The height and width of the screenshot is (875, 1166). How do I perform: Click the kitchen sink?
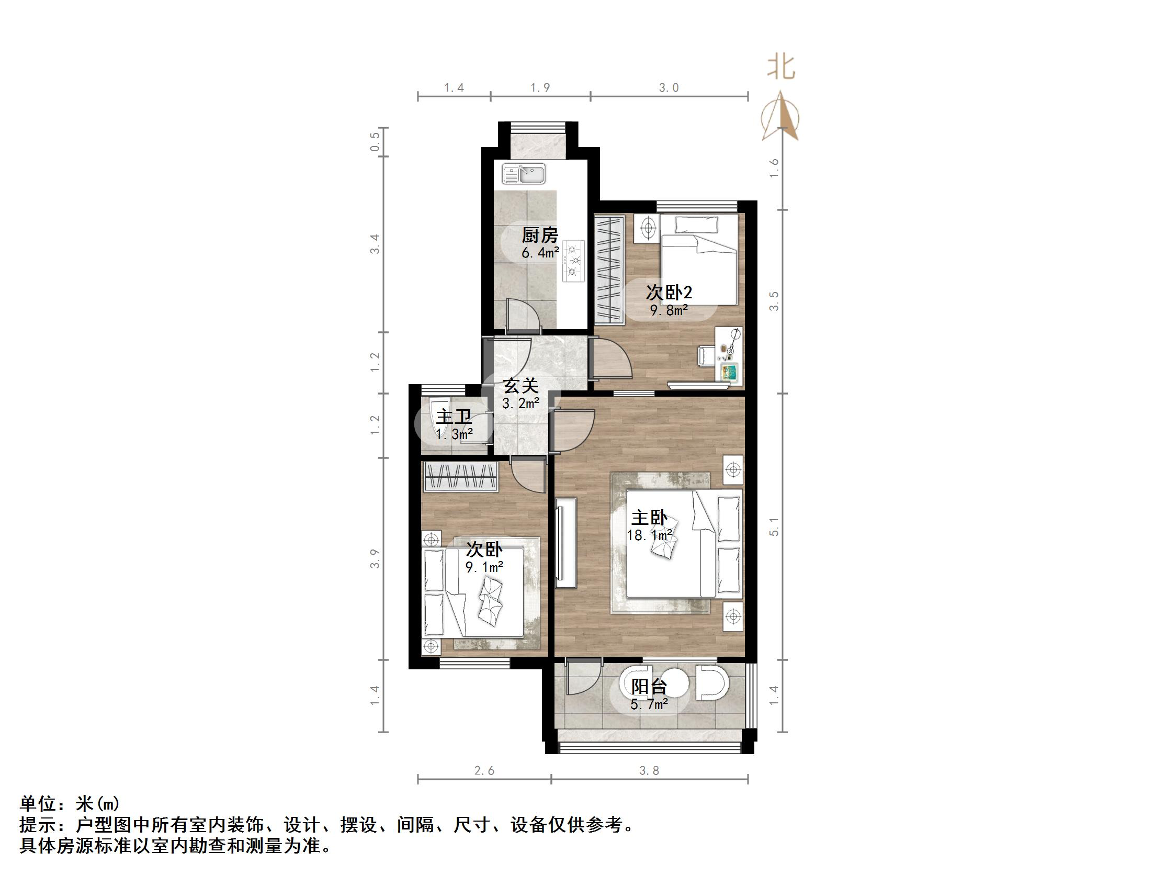point(524,174)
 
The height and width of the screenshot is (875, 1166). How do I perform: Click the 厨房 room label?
point(540,235)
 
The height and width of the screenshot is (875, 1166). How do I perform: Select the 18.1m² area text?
point(649,535)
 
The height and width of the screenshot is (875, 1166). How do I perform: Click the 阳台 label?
point(649,686)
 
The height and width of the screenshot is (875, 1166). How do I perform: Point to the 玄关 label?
point(521,386)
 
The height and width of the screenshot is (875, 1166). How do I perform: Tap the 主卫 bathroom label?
point(454,417)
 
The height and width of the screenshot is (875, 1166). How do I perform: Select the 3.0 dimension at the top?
point(669,88)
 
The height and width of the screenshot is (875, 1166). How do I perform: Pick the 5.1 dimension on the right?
point(774,526)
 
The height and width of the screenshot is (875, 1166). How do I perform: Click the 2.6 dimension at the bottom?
point(484,770)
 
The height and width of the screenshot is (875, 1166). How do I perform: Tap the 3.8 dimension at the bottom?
point(649,770)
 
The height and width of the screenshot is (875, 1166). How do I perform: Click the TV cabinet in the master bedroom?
point(566,543)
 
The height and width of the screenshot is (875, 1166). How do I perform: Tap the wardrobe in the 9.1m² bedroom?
point(461,477)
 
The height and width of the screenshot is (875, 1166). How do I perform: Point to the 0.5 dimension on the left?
point(375,142)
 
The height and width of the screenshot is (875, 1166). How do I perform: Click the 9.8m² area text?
point(669,310)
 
